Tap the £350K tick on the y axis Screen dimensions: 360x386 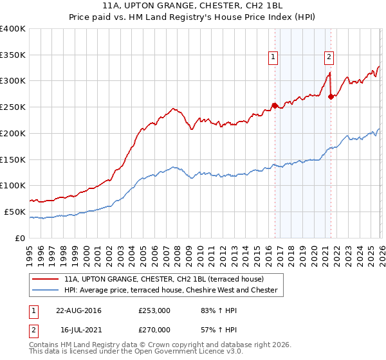[13, 55]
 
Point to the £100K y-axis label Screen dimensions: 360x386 [13, 186]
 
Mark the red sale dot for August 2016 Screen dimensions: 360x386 [275, 105]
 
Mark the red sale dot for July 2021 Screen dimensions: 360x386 [331, 96]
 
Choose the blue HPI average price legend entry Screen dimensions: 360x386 [170, 290]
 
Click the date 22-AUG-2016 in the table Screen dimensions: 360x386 [78, 310]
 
